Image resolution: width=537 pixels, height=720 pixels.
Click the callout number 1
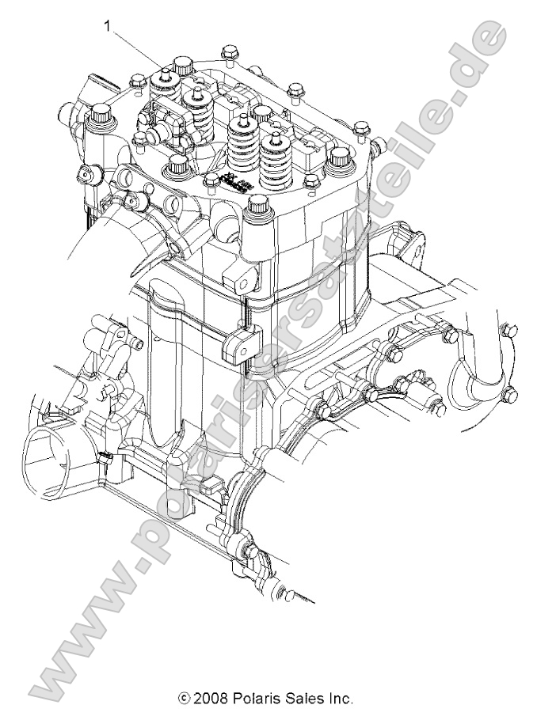coord(107,26)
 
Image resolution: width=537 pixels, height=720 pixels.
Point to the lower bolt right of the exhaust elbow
coord(509,392)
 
